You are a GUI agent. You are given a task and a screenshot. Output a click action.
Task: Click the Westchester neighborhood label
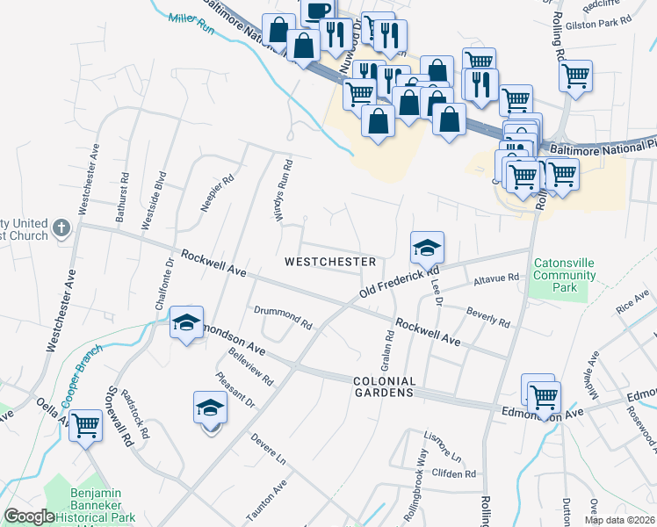[330, 262]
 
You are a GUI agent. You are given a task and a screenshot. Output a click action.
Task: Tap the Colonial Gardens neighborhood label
[384, 386]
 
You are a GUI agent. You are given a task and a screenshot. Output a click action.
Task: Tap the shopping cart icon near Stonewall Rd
[86, 426]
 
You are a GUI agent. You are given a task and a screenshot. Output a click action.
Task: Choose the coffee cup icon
[318, 11]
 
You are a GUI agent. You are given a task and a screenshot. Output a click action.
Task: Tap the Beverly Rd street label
[488, 317]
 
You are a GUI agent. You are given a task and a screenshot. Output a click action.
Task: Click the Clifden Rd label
[454, 473]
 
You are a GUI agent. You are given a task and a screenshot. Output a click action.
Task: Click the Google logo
[29, 516]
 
